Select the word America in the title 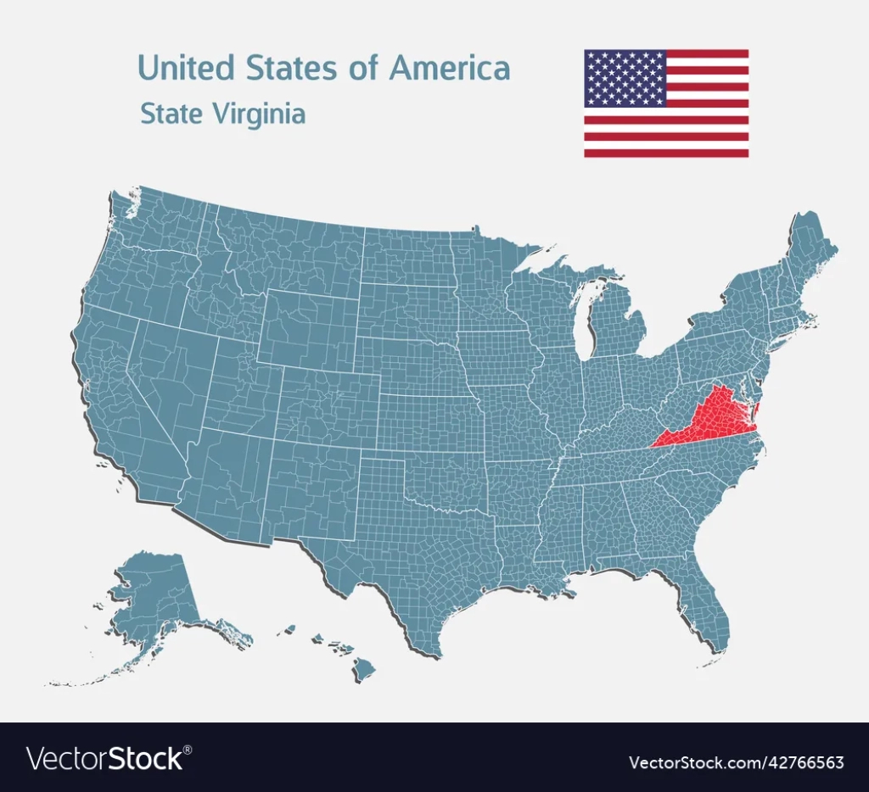[449, 68]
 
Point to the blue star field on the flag [625, 78]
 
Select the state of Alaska [161, 594]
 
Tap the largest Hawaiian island [364, 669]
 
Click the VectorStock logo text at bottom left [106, 757]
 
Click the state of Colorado [328, 408]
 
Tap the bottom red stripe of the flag [666, 153]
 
